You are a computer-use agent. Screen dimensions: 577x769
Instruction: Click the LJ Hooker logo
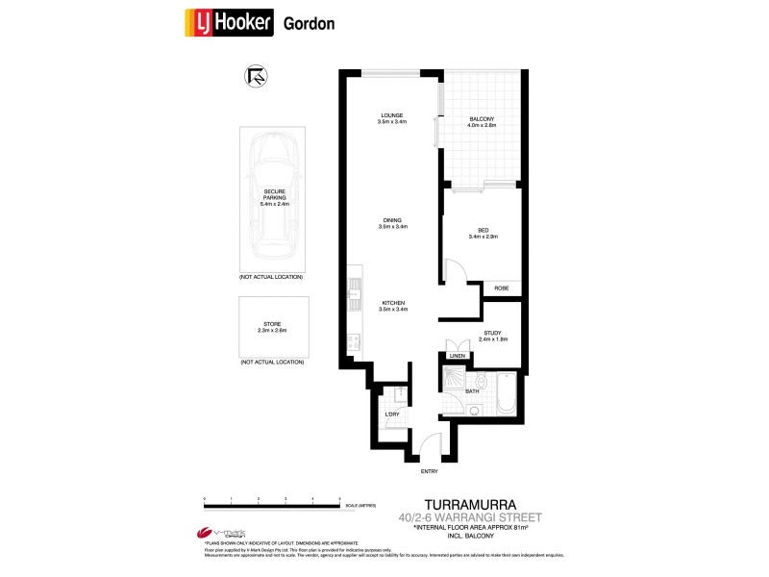coord(228,23)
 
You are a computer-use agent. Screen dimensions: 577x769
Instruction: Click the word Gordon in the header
coord(310,24)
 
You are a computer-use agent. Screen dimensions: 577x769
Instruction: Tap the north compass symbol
coord(256,76)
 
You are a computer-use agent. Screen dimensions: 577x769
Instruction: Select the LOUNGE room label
coord(393,116)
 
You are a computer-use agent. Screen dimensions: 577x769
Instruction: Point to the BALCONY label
coord(481,117)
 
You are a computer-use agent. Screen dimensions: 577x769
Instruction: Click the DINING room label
coord(393,220)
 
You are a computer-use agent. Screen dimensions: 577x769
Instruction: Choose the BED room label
coord(484,229)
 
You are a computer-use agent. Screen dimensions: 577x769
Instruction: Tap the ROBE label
coord(501,288)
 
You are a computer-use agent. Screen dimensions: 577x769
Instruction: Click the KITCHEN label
coord(393,303)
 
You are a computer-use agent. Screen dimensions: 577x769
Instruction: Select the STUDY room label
coord(493,334)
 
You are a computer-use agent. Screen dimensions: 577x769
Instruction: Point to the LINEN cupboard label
coord(457,356)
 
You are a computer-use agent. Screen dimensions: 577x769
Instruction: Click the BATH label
coord(472,390)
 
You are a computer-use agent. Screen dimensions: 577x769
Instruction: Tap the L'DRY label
coord(391,414)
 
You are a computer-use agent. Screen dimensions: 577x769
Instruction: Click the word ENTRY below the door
coord(429,471)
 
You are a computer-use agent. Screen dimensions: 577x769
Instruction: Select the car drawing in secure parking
coord(274,202)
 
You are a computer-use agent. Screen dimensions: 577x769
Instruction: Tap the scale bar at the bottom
coord(273,504)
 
